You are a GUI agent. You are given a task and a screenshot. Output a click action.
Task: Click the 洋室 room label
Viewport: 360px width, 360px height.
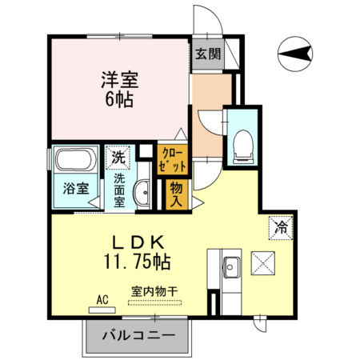click(119, 80)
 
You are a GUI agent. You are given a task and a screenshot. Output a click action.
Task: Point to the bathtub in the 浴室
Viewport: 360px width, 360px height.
click(75, 159)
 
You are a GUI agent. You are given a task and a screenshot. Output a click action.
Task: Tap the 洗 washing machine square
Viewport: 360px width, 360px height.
click(118, 158)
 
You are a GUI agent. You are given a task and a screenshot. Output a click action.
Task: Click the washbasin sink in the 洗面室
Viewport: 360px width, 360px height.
click(142, 192)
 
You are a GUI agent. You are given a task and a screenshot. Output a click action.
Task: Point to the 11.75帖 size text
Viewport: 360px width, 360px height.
click(135, 262)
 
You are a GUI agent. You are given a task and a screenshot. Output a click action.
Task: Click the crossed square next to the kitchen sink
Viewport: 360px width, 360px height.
click(263, 262)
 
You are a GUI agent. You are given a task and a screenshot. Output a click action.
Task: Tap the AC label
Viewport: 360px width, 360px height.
click(102, 299)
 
